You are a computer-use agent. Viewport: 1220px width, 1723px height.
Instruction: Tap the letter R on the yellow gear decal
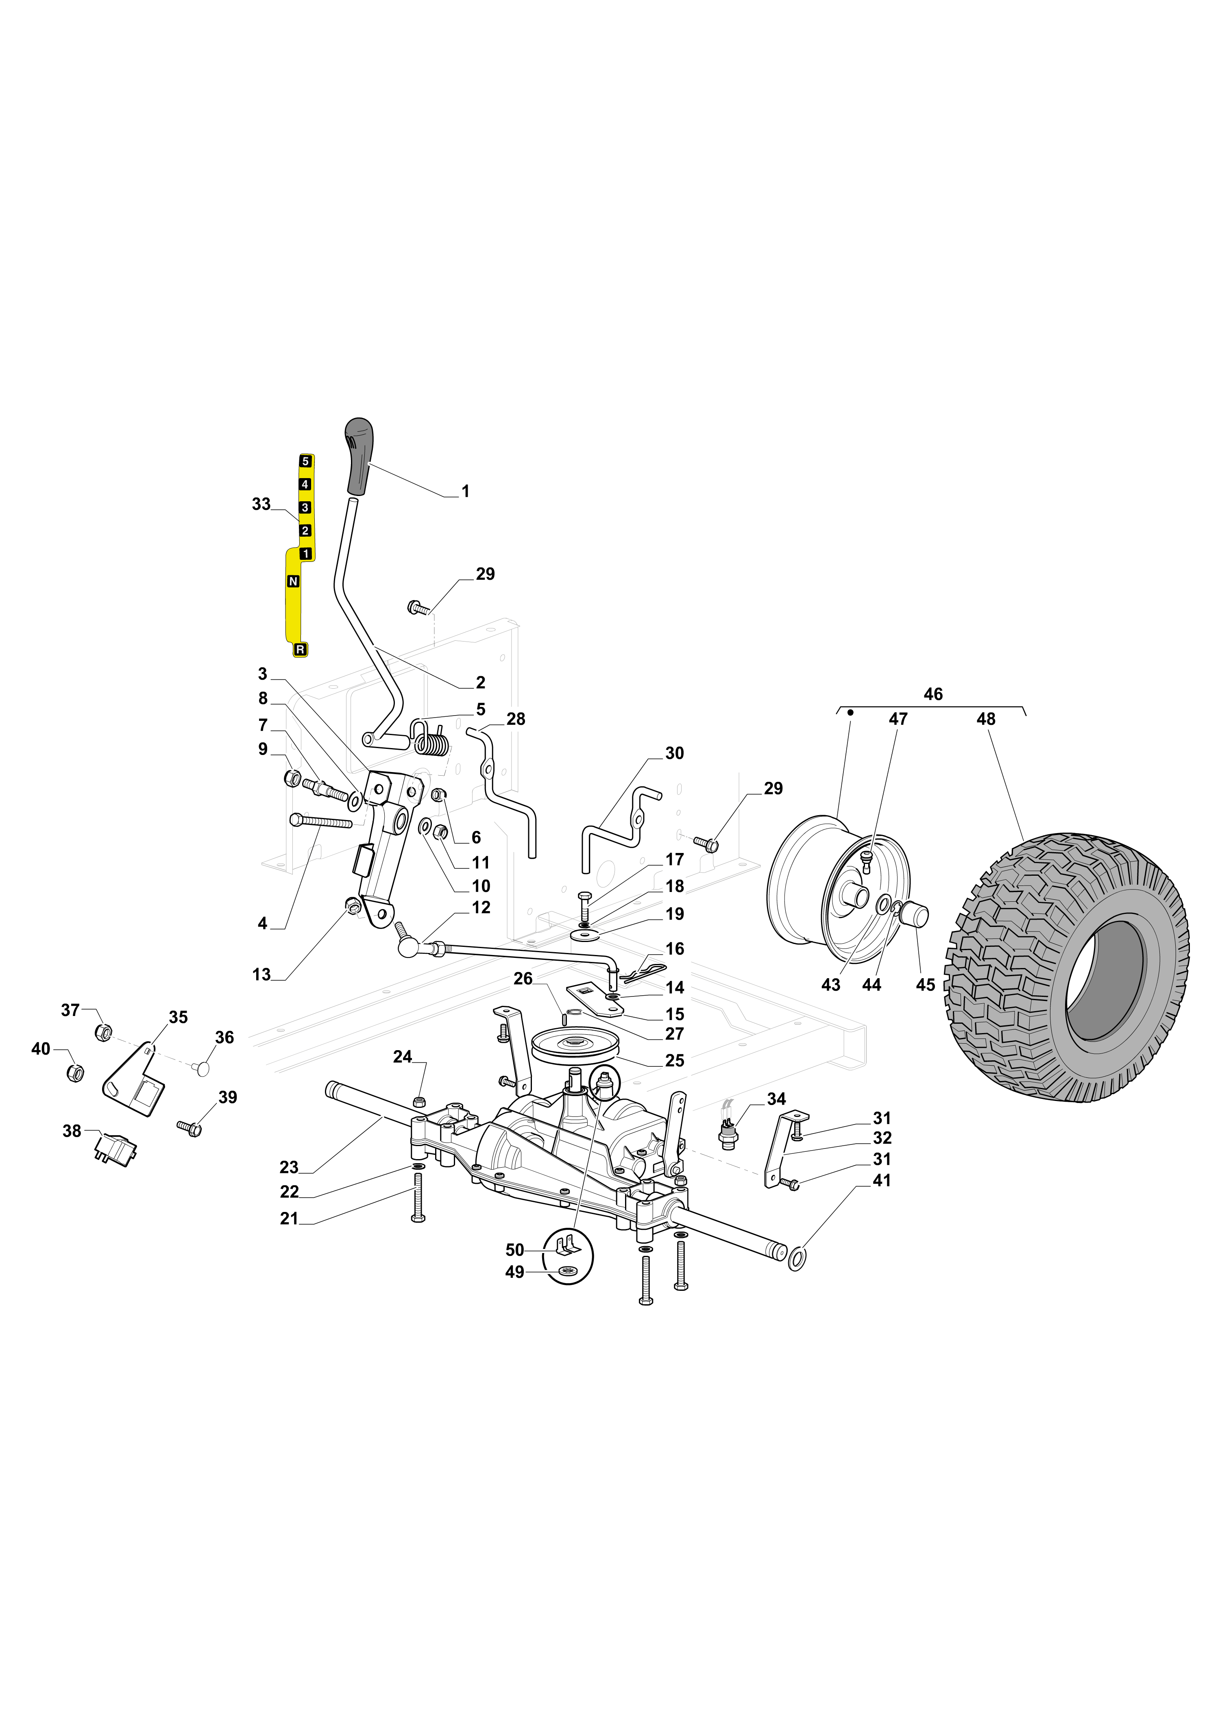coord(301,650)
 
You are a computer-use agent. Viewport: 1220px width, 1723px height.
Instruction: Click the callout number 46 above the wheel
coord(933,694)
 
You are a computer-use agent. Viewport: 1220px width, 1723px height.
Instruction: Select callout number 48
coord(986,719)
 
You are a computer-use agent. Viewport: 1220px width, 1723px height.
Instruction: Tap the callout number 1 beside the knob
coord(465,491)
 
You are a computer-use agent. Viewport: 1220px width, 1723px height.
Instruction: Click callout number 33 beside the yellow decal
coord(261,504)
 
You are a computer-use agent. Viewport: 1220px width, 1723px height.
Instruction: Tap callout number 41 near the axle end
coord(882,1181)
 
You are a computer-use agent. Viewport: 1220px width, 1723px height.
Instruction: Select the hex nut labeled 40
coord(75,1071)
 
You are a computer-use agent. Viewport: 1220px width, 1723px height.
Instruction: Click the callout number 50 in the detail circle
coord(514,1250)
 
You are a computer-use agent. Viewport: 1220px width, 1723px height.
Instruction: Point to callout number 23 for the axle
coord(289,1167)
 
